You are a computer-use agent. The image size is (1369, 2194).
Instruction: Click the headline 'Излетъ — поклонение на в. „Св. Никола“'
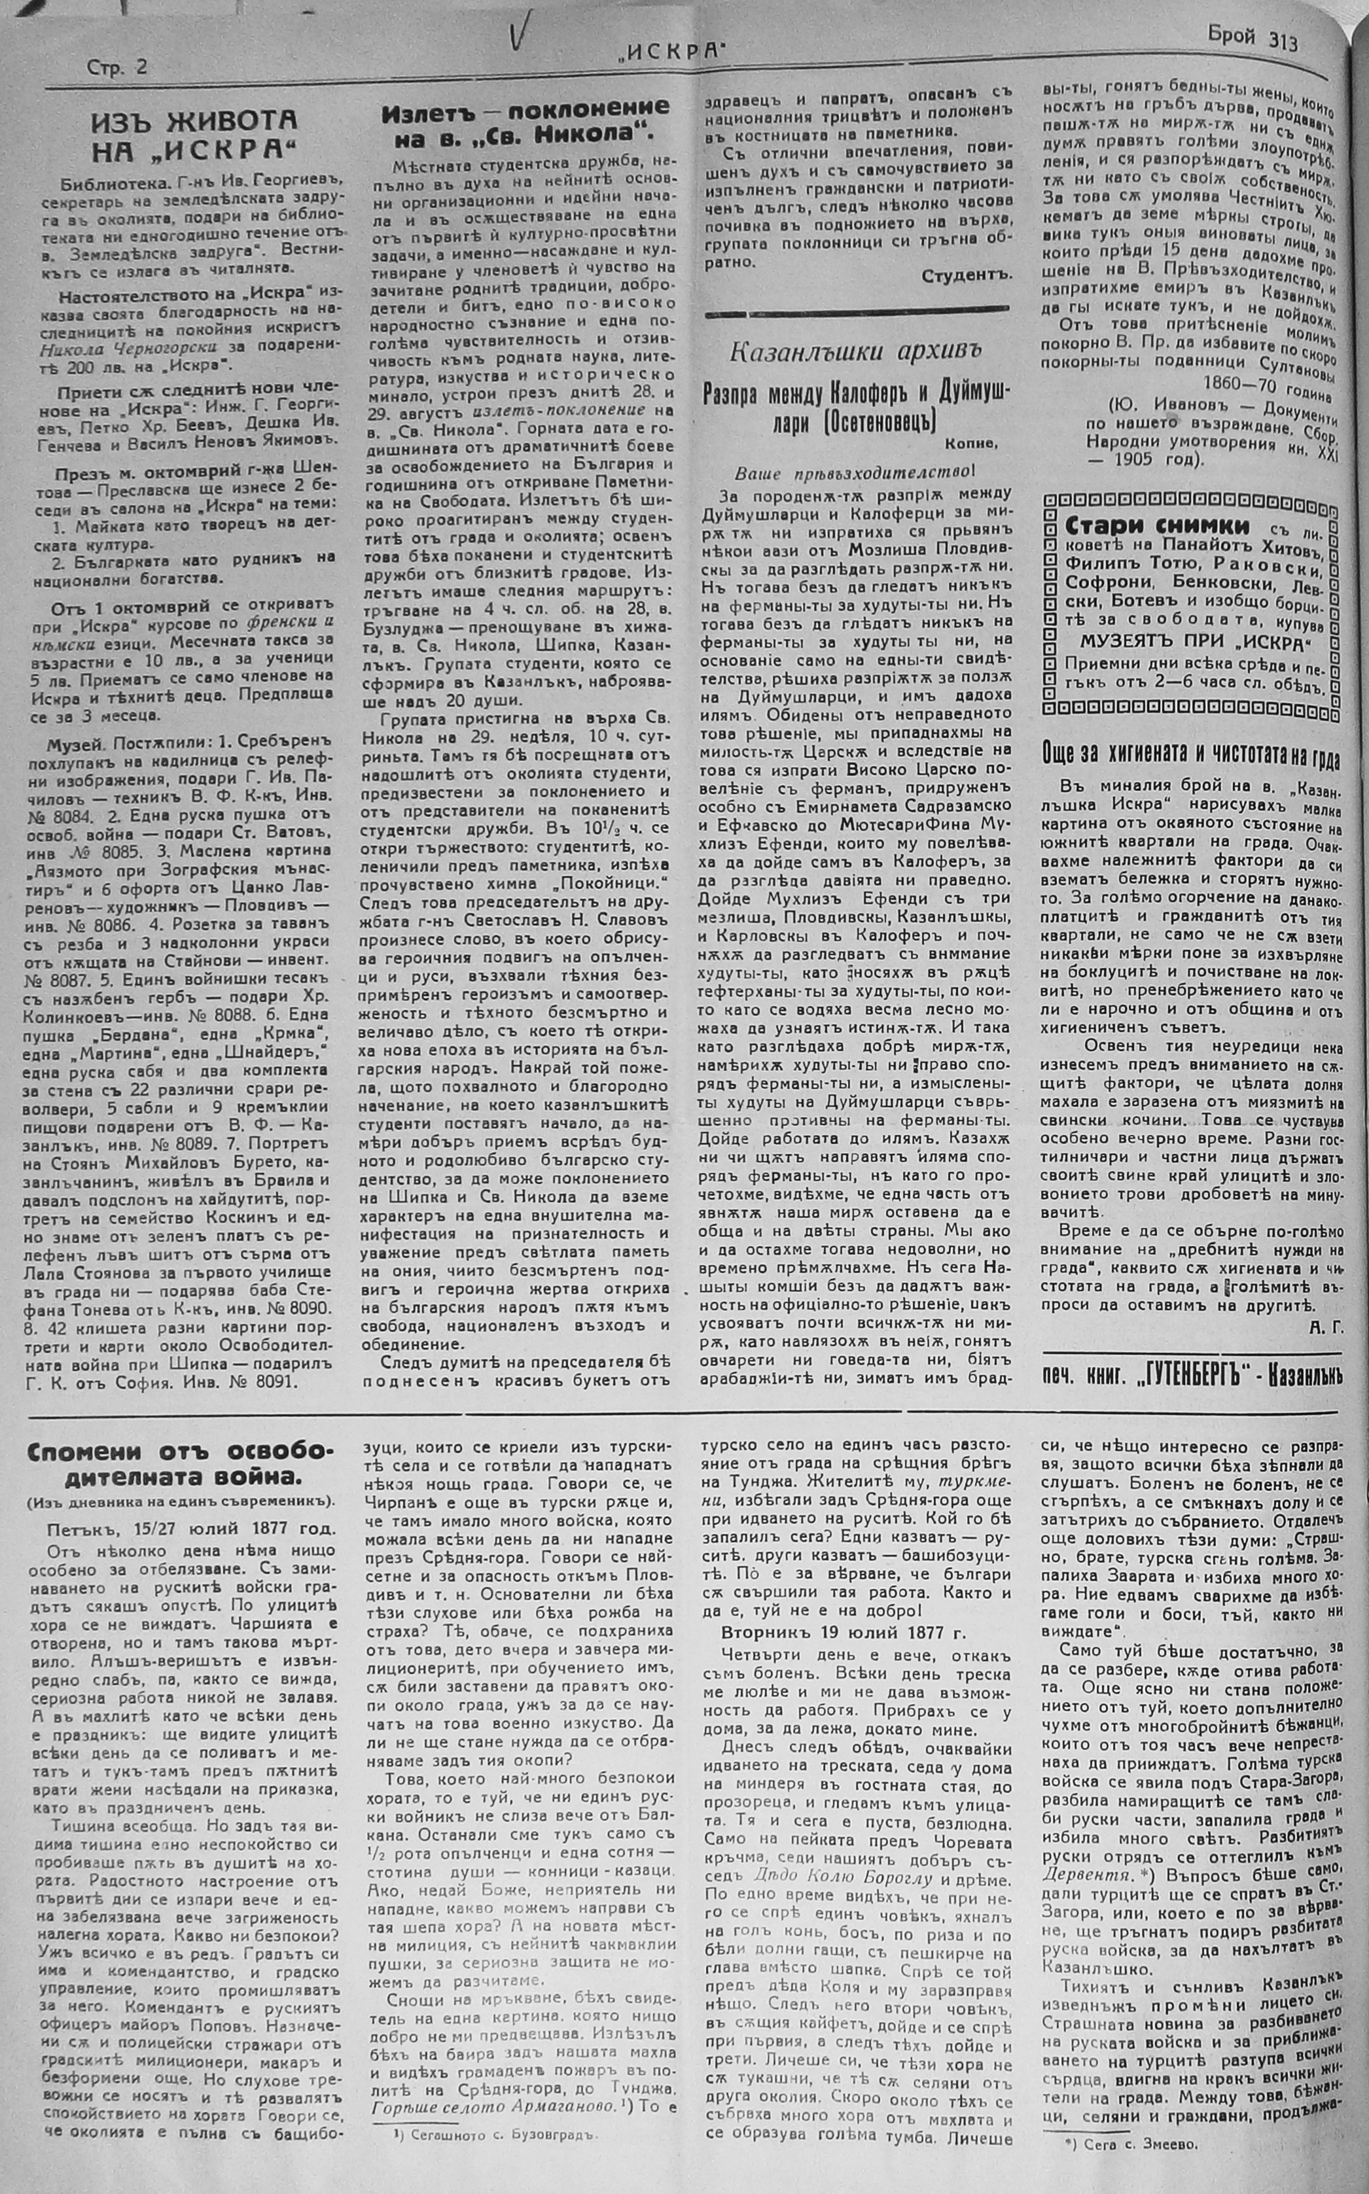[525, 123]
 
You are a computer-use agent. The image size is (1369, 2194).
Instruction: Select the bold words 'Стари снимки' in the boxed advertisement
[1145, 525]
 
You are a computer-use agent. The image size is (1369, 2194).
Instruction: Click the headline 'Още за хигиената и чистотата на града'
[1190, 757]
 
